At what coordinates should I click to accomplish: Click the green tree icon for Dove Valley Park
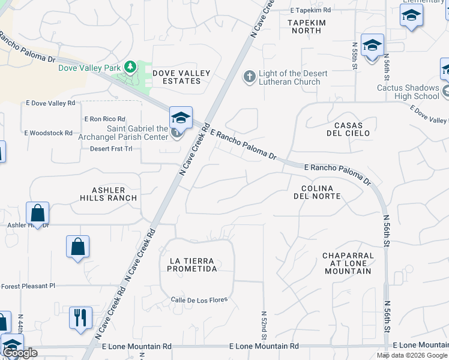130,66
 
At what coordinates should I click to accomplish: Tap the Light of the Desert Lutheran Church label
293,77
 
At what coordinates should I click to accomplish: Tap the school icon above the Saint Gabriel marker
180,116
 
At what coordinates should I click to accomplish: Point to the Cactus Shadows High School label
408,92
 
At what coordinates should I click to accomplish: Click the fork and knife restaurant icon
80,317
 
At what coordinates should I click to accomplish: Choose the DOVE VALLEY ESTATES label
181,77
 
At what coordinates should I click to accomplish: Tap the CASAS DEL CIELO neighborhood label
343,129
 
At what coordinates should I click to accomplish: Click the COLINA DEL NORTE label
318,192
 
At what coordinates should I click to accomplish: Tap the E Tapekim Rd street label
310,10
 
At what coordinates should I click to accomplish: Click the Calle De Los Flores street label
193,300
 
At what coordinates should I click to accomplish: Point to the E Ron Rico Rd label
104,119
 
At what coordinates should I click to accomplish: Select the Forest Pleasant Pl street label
28,286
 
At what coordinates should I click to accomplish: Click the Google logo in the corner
20,353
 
